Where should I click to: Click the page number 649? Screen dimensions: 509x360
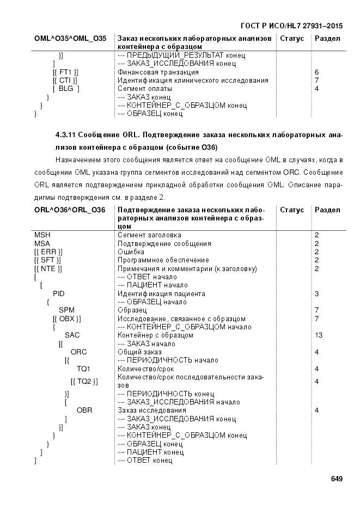(x=336, y=479)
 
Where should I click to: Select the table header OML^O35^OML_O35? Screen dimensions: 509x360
(x=70, y=39)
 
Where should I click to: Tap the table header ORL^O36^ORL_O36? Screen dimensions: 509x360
(x=70, y=210)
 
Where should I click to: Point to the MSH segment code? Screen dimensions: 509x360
(x=42, y=235)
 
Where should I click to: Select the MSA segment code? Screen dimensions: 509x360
(x=42, y=243)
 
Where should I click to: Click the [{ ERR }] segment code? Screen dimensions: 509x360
(x=48, y=252)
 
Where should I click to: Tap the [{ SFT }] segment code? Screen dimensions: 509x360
(x=48, y=260)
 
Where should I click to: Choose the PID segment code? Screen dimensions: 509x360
(x=59, y=293)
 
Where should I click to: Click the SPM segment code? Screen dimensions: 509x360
(x=66, y=310)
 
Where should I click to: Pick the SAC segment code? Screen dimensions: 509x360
(x=72, y=335)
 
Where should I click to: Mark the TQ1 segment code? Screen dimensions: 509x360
(x=84, y=369)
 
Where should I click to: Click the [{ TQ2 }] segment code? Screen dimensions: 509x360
(x=84, y=381)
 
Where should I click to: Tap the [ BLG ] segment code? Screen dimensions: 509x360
(x=66, y=89)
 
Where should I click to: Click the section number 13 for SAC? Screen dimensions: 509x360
(x=319, y=335)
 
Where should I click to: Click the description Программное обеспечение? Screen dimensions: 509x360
(x=163, y=260)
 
